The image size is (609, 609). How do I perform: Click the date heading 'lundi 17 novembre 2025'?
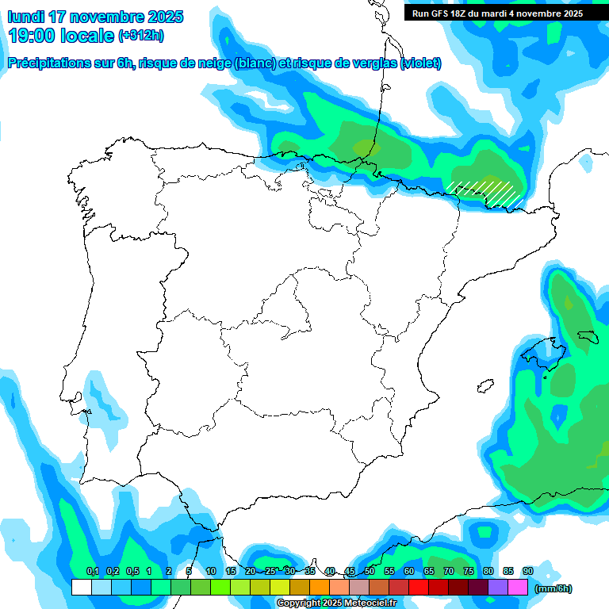coord(95,17)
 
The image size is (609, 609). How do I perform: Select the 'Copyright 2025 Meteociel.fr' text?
coord(338,603)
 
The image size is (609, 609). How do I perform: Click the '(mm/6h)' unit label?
coord(553,588)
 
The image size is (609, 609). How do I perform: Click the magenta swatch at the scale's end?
coord(518,587)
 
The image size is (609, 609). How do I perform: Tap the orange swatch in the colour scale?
coord(320,587)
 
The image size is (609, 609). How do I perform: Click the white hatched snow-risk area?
coord(485,192)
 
